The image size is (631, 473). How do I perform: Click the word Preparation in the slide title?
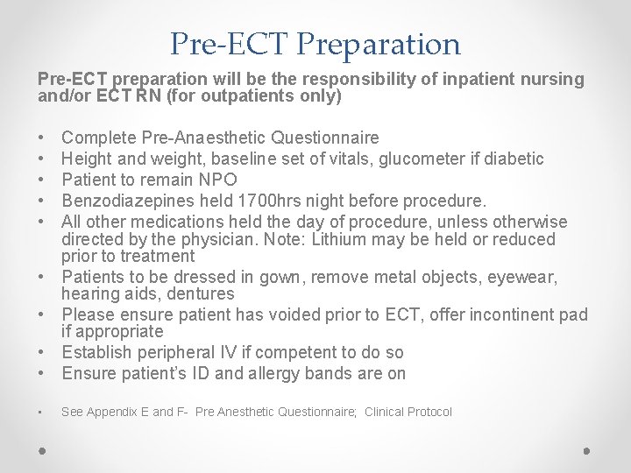392,44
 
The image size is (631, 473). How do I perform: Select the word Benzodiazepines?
122,199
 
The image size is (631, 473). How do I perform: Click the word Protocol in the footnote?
429,412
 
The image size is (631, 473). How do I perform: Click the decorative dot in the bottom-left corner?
42,451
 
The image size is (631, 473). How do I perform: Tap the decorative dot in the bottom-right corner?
587,451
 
